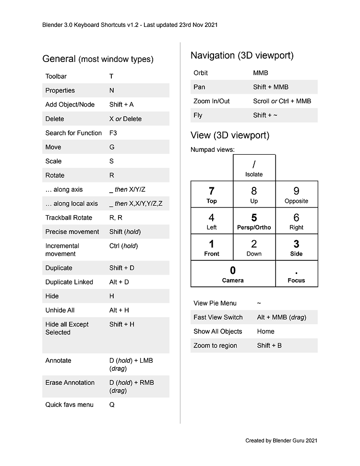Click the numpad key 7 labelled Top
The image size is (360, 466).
coord(212,195)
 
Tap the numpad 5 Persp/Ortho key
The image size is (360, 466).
coord(254,221)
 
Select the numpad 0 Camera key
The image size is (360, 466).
coord(233,274)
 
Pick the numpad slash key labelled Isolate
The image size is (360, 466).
coord(254,168)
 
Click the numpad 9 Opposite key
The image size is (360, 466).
coord(296,195)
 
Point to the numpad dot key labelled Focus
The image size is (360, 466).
coord(296,274)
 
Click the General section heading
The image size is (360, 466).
coord(98,59)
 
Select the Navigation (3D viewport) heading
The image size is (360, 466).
coord(242,55)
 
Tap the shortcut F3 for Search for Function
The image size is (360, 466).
coord(113,133)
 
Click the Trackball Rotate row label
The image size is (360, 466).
coord(69,218)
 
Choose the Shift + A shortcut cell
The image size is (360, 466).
coord(121,105)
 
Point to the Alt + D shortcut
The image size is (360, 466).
coord(119,282)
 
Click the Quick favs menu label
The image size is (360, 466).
coord(69,405)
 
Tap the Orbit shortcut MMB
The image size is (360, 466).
coord(261,73)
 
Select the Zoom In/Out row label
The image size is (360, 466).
coord(212,101)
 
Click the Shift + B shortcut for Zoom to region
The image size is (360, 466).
coord(269,345)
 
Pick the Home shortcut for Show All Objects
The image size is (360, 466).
coord(265,331)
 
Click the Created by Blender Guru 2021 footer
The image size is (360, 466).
coord(281,441)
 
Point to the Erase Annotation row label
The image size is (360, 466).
coord(70,383)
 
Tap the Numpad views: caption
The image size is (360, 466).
coord(213,150)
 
